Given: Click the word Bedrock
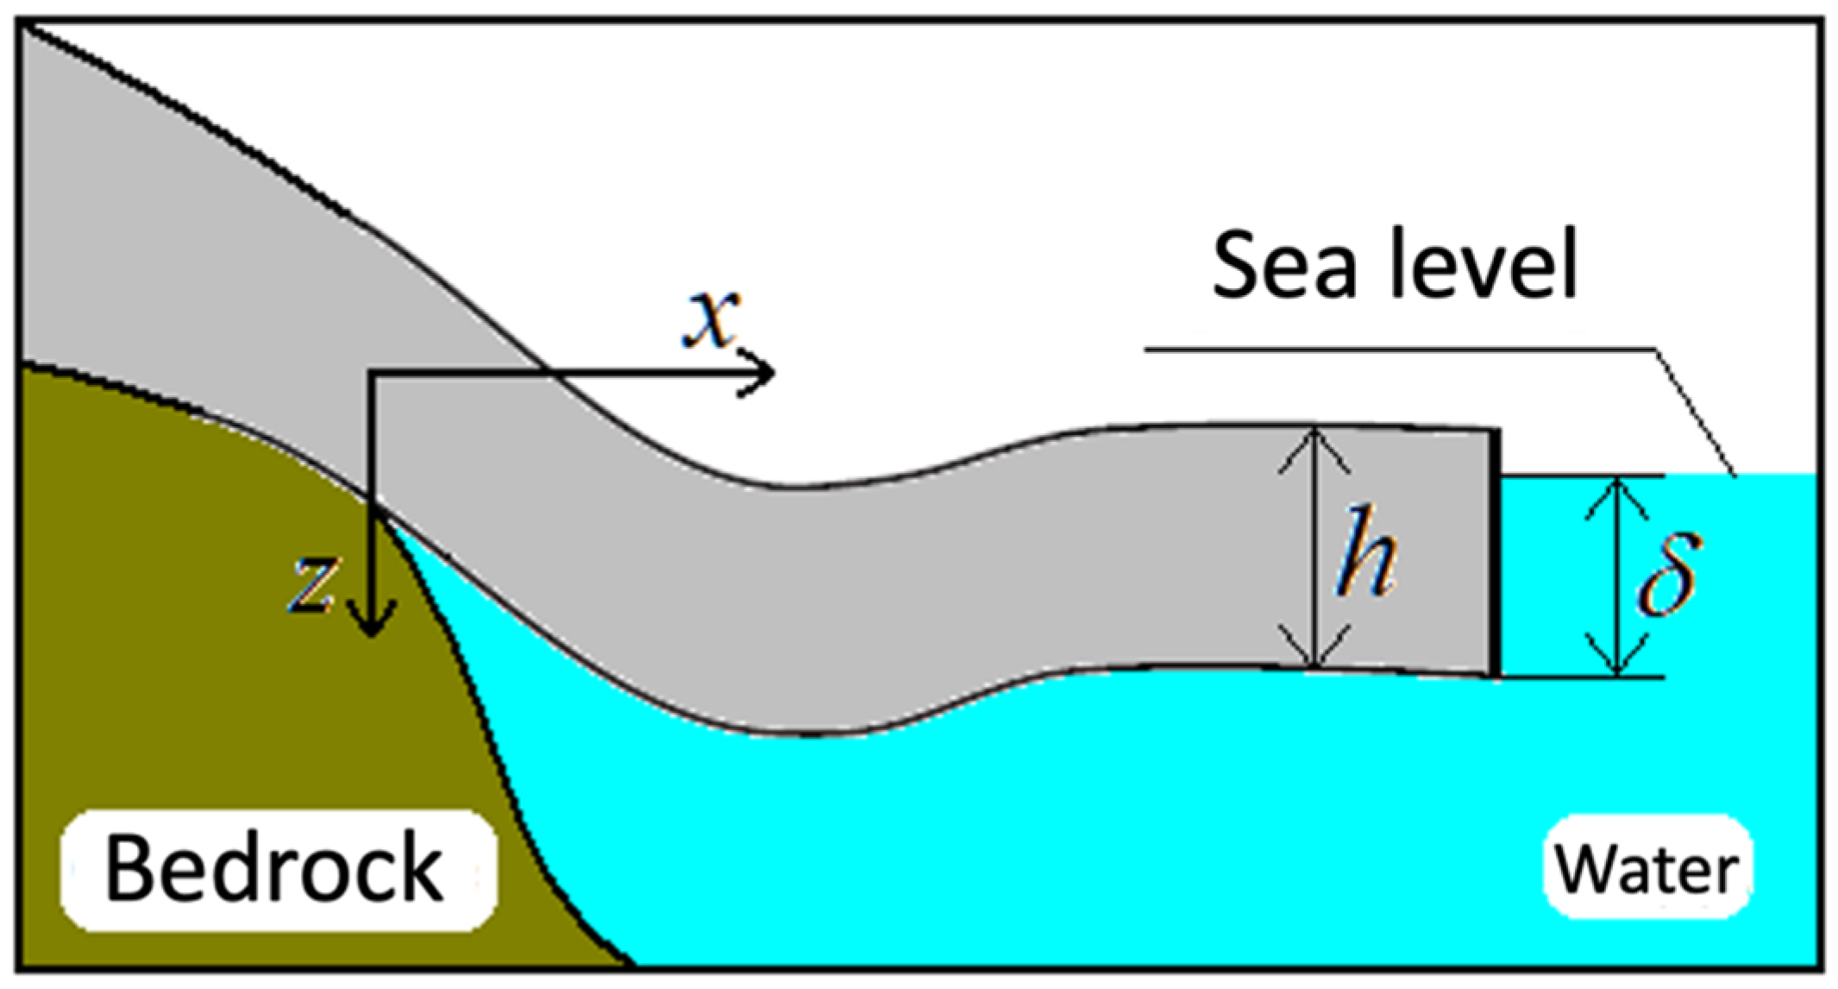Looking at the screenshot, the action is [x=273, y=867].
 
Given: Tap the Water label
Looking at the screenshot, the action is [x=1646, y=869].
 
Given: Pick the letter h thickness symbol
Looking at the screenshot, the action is [x=1365, y=552].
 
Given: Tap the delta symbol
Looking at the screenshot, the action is [x=1669, y=573].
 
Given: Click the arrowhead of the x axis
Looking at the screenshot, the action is [x=763, y=373].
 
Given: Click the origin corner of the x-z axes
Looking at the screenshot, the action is [x=371, y=373].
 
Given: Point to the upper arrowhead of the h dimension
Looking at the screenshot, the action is [x=1314, y=437].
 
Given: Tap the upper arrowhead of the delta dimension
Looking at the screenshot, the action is [x=1618, y=488].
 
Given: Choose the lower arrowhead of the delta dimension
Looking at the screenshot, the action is [x=1618, y=665].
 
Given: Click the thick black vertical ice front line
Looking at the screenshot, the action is [x=1494, y=552].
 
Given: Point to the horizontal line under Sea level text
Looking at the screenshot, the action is [x=1397, y=350].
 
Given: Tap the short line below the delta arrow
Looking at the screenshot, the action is [x=1578, y=677].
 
